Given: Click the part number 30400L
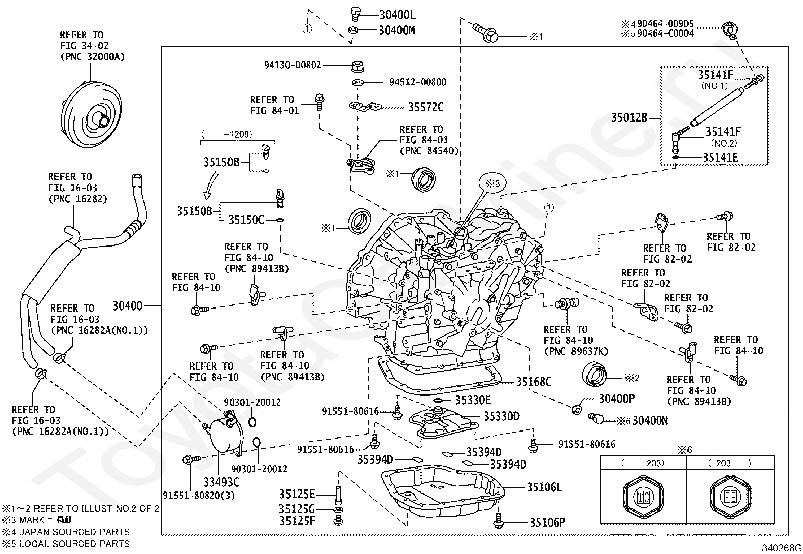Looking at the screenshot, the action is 397,15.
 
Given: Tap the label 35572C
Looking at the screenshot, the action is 426,107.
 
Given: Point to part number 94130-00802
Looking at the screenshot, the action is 293,65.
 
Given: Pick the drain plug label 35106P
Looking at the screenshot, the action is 547,522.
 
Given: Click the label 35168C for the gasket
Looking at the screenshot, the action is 534,382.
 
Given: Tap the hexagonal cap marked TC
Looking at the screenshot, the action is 644,497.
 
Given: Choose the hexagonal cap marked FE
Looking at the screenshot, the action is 730,497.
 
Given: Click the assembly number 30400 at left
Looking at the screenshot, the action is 128,306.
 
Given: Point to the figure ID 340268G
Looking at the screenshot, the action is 781,548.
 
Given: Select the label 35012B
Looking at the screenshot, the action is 629,118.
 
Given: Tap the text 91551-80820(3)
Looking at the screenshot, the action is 199,496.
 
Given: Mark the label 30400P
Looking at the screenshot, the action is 616,398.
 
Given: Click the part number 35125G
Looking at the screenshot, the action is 297,509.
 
